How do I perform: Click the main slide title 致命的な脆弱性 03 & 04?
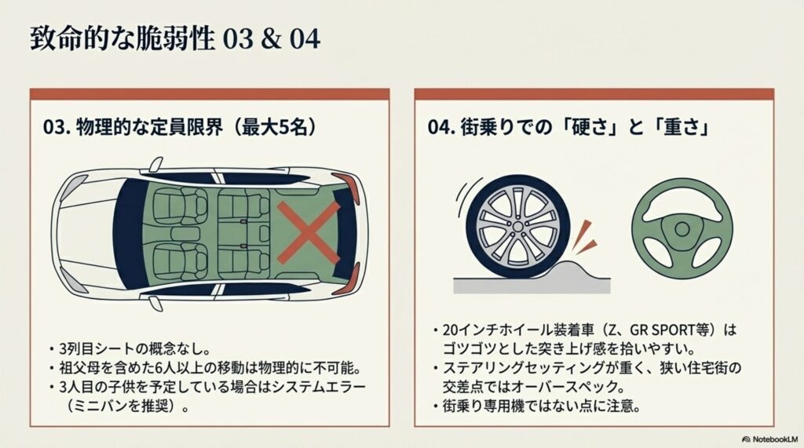point(175,39)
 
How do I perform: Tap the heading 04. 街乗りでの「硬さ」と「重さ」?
point(569,127)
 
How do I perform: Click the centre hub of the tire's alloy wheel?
point(518,227)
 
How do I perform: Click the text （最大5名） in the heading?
point(272,127)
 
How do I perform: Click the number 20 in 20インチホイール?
point(451,330)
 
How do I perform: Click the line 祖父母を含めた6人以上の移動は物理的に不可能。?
point(210,368)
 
